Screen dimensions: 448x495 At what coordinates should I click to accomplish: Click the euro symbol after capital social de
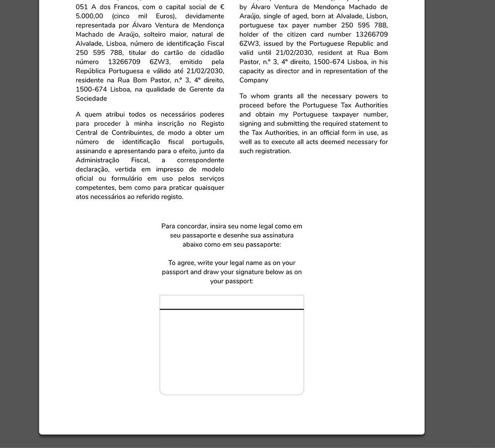(x=222, y=7)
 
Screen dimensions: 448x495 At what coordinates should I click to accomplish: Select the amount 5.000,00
(x=90, y=16)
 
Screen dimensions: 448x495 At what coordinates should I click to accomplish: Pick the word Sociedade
(x=92, y=99)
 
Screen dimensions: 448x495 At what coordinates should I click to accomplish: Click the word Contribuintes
(x=132, y=133)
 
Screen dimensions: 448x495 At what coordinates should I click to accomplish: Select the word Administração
(x=98, y=160)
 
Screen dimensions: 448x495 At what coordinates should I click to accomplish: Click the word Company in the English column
(x=254, y=80)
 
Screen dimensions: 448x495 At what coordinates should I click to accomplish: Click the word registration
(x=272, y=151)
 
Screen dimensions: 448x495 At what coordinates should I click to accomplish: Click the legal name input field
(x=232, y=302)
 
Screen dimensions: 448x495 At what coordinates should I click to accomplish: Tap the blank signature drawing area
(x=232, y=351)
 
